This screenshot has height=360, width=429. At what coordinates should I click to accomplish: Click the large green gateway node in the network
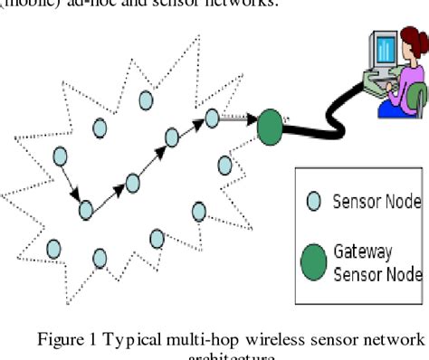[x=270, y=127]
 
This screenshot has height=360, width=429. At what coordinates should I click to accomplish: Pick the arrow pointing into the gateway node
[x=238, y=118]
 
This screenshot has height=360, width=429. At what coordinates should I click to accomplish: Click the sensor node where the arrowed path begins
[x=62, y=156]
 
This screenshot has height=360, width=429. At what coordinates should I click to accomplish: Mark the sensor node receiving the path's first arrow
[x=86, y=210]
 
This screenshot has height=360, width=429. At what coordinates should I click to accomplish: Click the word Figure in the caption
[x=58, y=339]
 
